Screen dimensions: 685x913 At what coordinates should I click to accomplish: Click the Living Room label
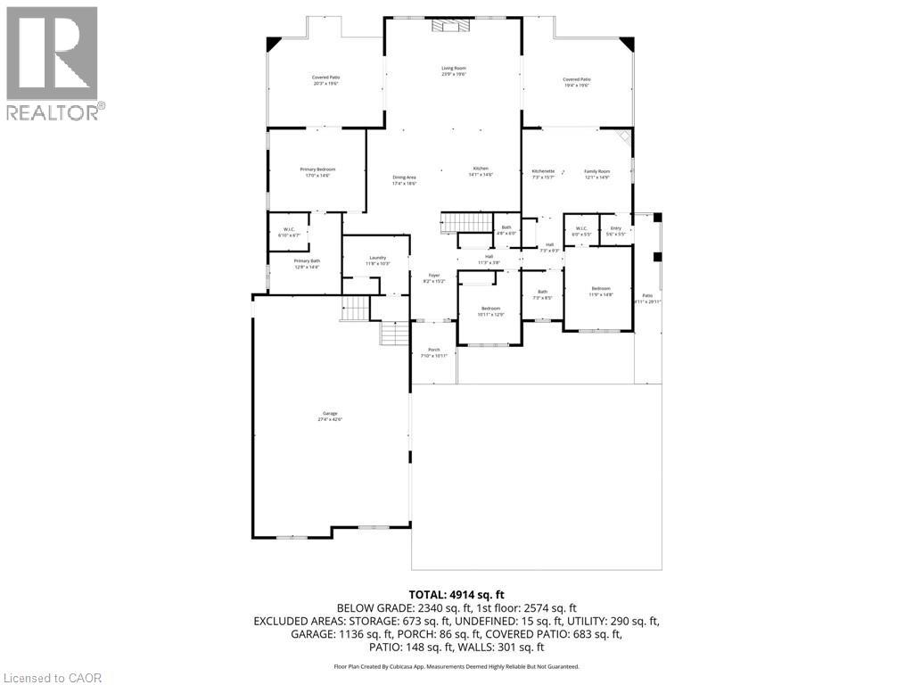point(454,70)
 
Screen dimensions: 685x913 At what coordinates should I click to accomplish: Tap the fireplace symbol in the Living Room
point(448,27)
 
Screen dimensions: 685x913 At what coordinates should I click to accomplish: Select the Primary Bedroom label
point(317,172)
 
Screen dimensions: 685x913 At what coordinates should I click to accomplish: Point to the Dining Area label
point(405,180)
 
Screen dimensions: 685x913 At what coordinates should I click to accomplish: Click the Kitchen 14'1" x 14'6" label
point(481,171)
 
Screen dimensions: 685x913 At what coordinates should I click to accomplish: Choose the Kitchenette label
point(543,174)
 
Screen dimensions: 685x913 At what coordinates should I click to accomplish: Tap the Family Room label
point(596,174)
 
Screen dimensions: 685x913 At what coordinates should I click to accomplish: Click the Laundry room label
point(377,260)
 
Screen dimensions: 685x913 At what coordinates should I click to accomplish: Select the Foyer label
point(433,278)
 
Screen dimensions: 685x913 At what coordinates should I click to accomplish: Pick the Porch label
point(433,352)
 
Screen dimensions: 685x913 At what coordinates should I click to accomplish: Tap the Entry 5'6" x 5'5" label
point(615,231)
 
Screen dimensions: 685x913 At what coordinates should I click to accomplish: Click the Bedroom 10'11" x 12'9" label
point(490,311)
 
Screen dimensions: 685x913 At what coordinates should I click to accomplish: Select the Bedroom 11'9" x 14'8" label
point(601,291)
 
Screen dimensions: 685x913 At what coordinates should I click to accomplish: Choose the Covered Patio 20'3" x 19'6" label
point(325,81)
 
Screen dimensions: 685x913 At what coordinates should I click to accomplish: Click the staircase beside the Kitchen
point(465,223)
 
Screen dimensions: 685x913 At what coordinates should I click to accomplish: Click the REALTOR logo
point(53,63)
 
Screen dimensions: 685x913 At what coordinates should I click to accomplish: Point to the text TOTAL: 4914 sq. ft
point(456,594)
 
